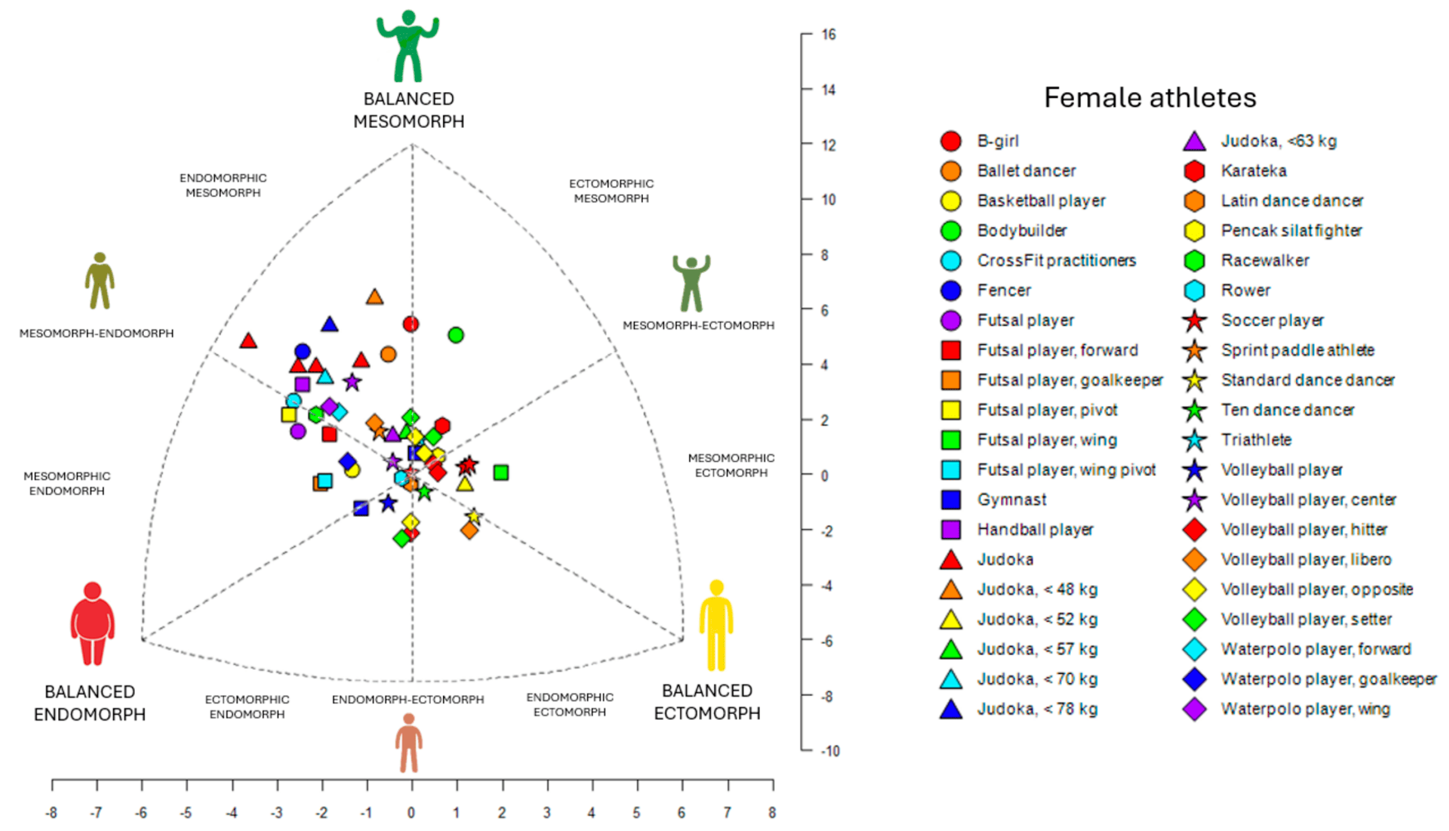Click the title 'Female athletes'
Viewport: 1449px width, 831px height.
pyautogui.click(x=1150, y=98)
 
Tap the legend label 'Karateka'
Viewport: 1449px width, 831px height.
pyautogui.click(x=1253, y=171)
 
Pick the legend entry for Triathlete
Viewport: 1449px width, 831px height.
pyautogui.click(x=1256, y=440)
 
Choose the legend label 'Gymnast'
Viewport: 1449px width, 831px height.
pyautogui.click(x=1011, y=500)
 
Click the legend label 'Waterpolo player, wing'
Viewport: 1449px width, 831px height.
pyautogui.click(x=1305, y=710)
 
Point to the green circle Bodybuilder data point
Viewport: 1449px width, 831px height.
pyautogui.click(x=455, y=335)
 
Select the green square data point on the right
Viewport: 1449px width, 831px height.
pyautogui.click(x=501, y=473)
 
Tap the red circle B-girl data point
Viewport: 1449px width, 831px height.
pyautogui.click(x=411, y=324)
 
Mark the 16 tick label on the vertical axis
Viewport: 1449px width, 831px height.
pyautogui.click(x=829, y=35)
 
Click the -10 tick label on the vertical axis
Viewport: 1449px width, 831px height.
pyautogui.click(x=830, y=752)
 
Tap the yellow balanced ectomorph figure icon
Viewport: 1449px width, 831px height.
pyautogui.click(x=716, y=625)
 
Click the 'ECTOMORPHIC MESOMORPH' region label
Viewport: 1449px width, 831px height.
pyautogui.click(x=611, y=191)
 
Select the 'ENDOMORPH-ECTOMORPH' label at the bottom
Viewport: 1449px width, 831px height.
pyautogui.click(x=408, y=700)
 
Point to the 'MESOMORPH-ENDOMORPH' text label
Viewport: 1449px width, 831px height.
pyautogui.click(x=96, y=333)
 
